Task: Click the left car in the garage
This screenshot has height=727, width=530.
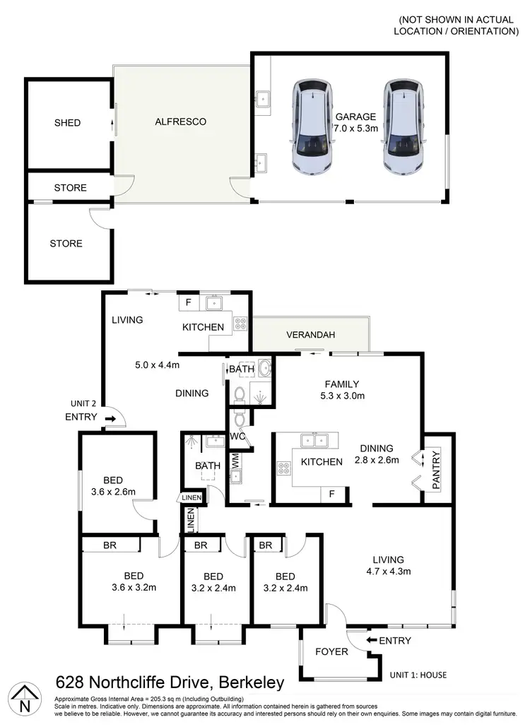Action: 310,128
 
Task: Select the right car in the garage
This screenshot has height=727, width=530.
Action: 403,128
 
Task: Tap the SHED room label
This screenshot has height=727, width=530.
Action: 68,123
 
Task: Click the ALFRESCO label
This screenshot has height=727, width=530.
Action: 180,122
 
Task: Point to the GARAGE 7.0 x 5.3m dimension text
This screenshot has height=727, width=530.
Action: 356,128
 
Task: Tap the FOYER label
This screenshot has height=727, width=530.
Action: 331,651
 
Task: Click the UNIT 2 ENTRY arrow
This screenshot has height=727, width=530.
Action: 110,419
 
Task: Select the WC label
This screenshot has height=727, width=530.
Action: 236,436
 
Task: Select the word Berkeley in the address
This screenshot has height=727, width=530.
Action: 253,683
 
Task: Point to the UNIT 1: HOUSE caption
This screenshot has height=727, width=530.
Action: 418,675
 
